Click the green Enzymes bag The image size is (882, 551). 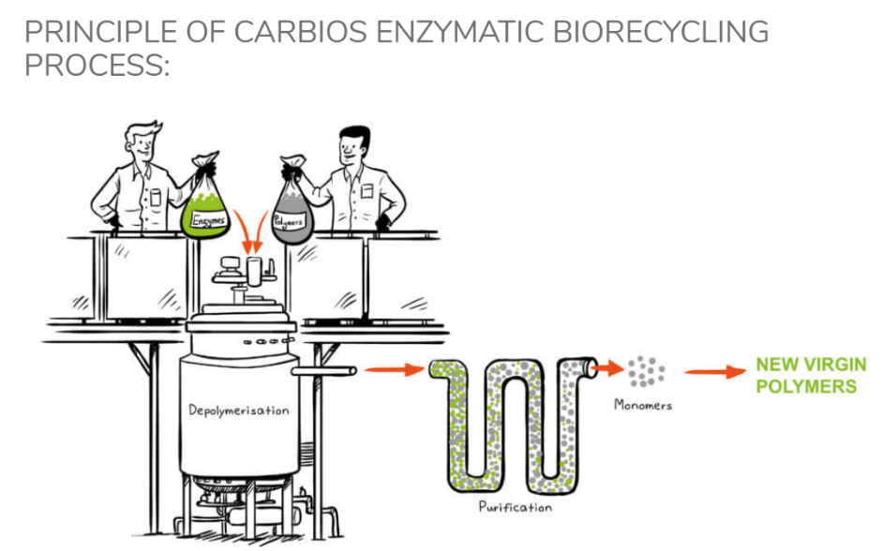pos(211,206)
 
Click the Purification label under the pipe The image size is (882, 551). pos(515,507)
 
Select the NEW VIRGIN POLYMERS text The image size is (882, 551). pos(811,375)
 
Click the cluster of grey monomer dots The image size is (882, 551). pos(645,372)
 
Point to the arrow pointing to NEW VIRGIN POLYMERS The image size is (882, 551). pos(713,373)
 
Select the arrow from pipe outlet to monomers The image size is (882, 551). pos(608,368)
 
